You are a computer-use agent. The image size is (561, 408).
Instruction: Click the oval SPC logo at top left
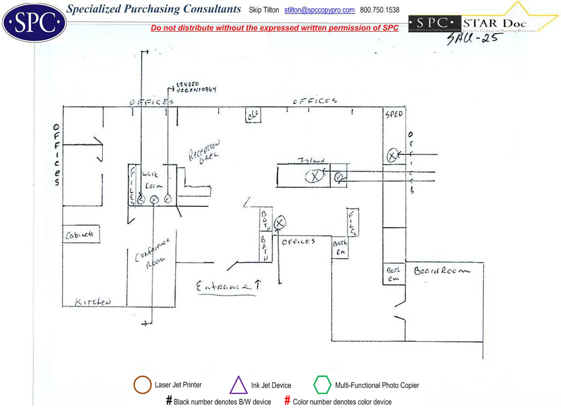pyautogui.click(x=34, y=23)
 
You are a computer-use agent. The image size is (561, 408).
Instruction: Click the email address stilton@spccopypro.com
pyautogui.click(x=319, y=10)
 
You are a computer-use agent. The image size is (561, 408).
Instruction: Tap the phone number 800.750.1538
pyautogui.click(x=380, y=10)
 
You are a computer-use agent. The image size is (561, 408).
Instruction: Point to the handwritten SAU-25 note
pyautogui.click(x=472, y=39)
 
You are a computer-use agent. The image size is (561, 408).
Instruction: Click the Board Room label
pyautogui.click(x=442, y=271)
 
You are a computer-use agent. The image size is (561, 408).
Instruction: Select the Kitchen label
pyautogui.click(x=93, y=302)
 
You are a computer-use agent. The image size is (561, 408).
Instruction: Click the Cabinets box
pyautogui.click(x=81, y=234)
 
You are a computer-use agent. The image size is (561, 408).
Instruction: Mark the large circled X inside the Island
pyautogui.click(x=313, y=176)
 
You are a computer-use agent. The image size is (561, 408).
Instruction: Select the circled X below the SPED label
pyautogui.click(x=392, y=155)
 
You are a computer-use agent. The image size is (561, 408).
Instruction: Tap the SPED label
pyautogui.click(x=394, y=114)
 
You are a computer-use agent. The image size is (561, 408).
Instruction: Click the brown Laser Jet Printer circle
pyautogui.click(x=142, y=385)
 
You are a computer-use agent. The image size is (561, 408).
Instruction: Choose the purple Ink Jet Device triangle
pyautogui.click(x=238, y=385)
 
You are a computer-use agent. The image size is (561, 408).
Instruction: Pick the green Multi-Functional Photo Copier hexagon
pyautogui.click(x=322, y=385)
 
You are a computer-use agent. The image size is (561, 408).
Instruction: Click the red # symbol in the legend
pyautogui.click(x=287, y=401)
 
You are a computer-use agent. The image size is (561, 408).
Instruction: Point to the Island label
pyautogui.click(x=311, y=160)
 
